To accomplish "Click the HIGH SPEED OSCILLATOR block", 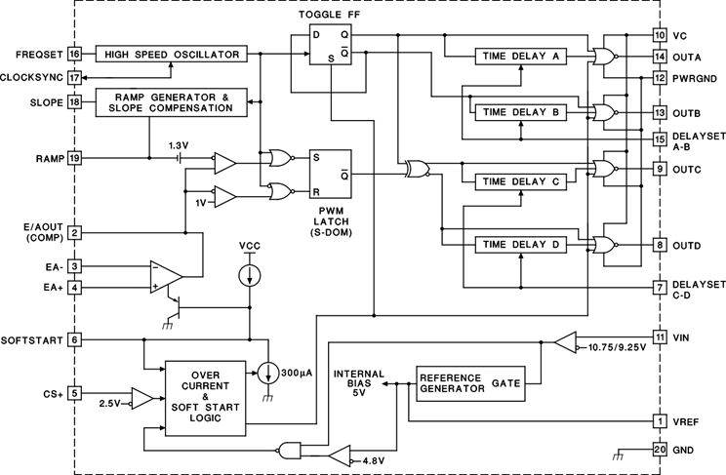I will [172, 55].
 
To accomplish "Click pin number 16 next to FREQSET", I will [74, 55].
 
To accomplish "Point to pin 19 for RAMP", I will [74, 157].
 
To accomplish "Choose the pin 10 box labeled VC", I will [660, 35].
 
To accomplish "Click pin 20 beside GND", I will [660, 450].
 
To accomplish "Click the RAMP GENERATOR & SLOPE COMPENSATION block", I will [172, 102].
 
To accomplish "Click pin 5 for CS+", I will [74, 394].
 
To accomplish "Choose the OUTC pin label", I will [689, 169].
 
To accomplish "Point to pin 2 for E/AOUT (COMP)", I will [74, 233].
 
